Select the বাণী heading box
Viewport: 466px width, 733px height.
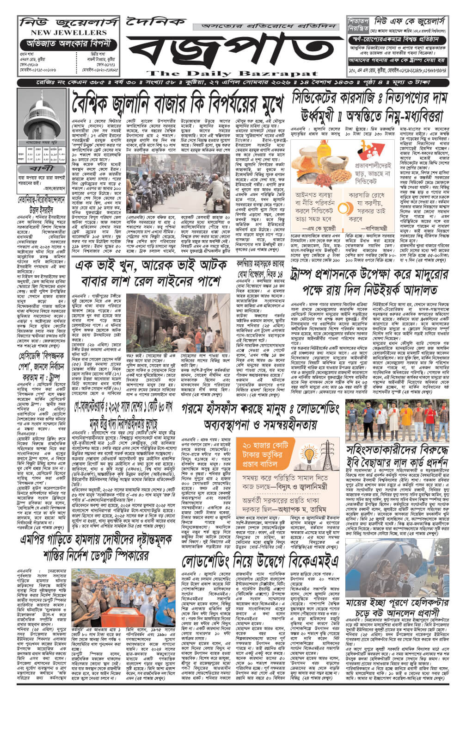tap(42, 169)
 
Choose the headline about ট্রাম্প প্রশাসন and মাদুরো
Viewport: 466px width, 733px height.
tap(369, 282)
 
